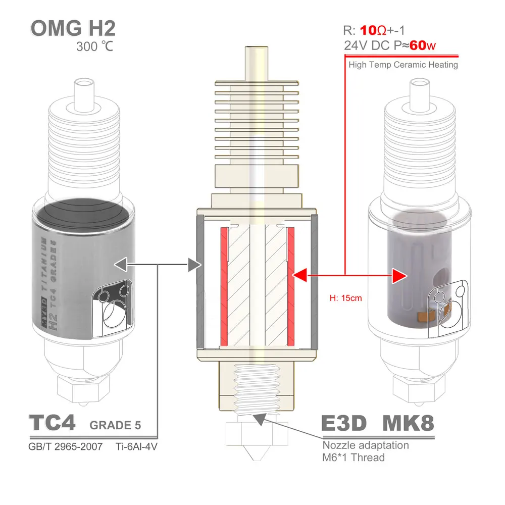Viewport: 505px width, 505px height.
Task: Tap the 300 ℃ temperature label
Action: tap(95, 47)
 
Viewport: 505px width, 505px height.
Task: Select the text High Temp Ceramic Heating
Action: tap(403, 65)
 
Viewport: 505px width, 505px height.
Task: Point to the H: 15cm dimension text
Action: tap(346, 298)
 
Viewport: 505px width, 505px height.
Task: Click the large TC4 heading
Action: tap(52, 423)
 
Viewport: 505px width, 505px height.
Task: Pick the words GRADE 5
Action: tap(115, 426)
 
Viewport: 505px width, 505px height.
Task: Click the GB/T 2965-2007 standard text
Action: tap(66, 446)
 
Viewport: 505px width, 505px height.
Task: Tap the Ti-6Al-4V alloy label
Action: tap(133, 446)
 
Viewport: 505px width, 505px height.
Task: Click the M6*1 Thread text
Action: tap(353, 458)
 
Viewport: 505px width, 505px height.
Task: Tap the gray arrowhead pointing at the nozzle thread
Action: tap(260, 418)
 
